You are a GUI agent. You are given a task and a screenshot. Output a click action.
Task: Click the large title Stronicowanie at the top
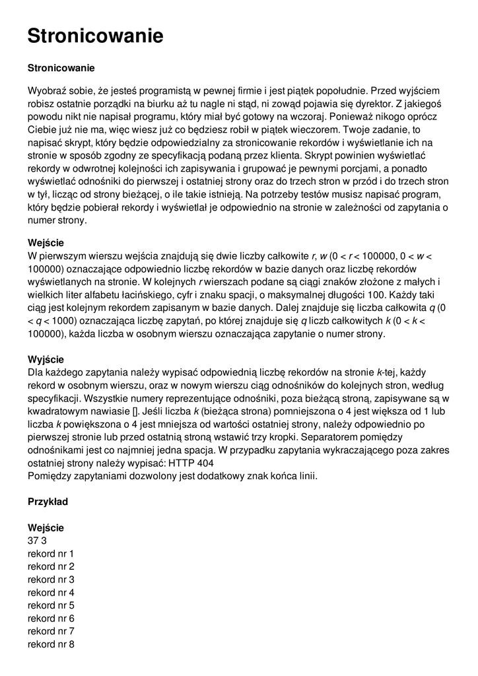(x=95, y=36)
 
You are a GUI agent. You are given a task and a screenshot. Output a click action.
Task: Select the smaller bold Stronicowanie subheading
(x=61, y=68)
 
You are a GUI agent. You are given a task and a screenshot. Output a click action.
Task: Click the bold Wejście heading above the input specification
(x=46, y=242)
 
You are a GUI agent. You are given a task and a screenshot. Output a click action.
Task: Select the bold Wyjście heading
(x=46, y=359)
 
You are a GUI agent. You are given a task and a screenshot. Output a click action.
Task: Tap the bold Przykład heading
(x=48, y=502)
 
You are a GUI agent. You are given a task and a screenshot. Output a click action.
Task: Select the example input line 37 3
(x=37, y=541)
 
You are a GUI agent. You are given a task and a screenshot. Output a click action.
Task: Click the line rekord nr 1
(x=51, y=553)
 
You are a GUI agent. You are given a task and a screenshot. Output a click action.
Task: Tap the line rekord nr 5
(x=51, y=605)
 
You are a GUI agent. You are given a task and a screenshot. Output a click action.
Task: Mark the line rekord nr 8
(x=51, y=644)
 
